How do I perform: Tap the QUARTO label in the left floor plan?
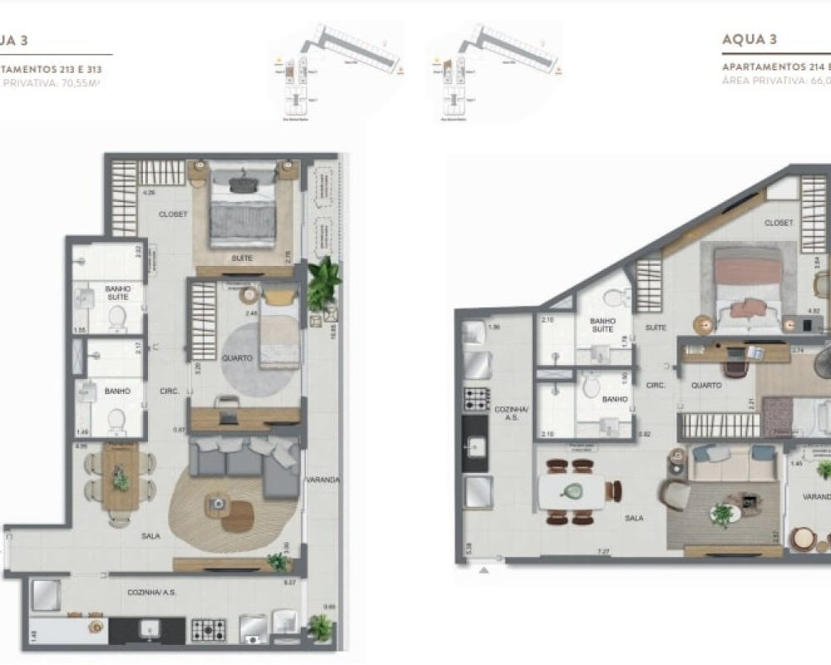pos(237,358)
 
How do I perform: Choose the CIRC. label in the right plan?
pos(657,386)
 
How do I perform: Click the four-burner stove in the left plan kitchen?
pos(209,629)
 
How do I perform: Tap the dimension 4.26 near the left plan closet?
pos(150,193)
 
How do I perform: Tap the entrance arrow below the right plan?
pos(485,571)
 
